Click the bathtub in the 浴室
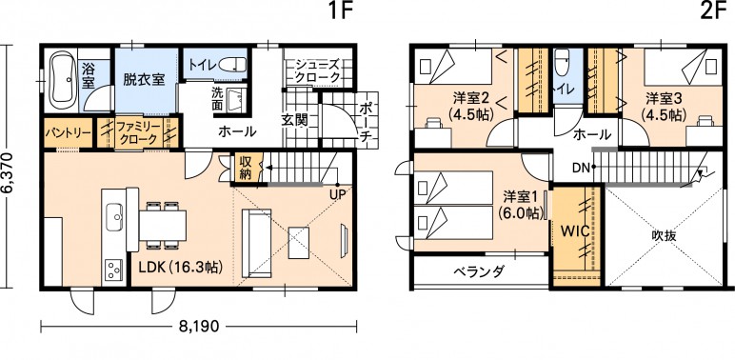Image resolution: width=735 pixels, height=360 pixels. click(63, 79)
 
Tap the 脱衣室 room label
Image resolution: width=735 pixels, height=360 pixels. click(144, 79)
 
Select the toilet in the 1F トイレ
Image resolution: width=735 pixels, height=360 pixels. click(231, 64)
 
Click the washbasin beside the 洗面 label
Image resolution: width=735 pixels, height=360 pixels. click(236, 98)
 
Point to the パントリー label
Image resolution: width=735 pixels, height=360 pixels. click(68, 132)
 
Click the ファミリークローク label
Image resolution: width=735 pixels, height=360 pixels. click(137, 132)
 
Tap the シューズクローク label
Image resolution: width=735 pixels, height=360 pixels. click(317, 70)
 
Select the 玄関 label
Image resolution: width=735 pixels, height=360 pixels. click(294, 120)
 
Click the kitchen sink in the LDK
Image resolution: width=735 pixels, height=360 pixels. click(115, 217)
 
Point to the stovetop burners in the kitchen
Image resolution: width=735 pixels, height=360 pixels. click(114, 270)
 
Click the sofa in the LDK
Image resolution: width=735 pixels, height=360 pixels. click(256, 243)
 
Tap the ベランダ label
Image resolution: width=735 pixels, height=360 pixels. click(479, 270)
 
